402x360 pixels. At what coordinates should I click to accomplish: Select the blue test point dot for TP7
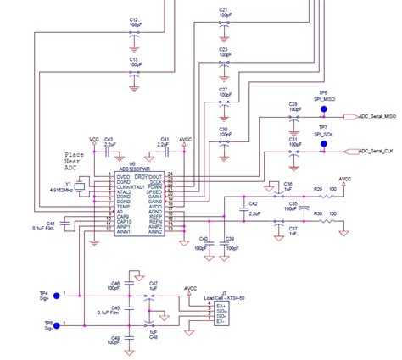[323, 145]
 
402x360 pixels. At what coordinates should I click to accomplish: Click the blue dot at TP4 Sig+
[56, 296]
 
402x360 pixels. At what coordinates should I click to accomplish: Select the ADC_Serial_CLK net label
[377, 150]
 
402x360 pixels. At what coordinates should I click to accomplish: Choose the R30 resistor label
[318, 214]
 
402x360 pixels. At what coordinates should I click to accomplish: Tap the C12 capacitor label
[133, 19]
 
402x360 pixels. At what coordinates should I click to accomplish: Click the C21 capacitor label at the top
[223, 10]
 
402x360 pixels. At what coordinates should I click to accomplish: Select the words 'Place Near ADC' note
[76, 161]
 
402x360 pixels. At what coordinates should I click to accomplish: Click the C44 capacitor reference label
[51, 222]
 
